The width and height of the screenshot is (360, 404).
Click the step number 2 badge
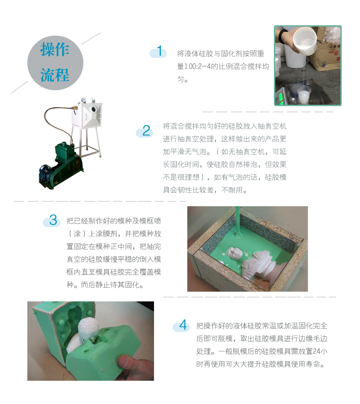[145, 131]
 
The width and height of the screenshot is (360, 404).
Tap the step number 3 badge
[52, 221]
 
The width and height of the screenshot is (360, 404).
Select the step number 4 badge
[182, 326]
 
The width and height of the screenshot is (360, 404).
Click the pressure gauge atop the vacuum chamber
[83, 99]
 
